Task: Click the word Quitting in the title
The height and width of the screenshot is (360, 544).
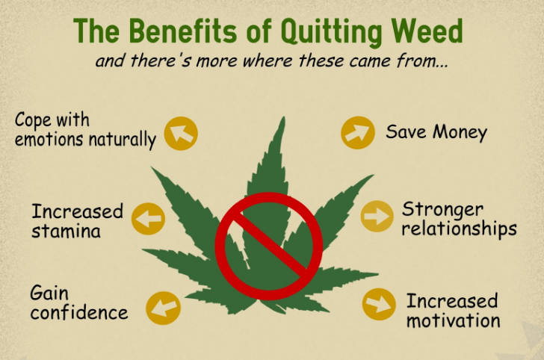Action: click(331, 32)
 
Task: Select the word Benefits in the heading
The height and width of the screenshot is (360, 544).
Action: click(182, 31)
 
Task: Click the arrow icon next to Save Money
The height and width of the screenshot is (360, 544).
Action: click(358, 132)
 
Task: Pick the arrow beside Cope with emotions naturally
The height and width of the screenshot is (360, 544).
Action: click(181, 134)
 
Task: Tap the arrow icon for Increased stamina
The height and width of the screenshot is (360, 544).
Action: click(148, 219)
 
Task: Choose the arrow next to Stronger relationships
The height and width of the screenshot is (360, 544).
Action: click(377, 216)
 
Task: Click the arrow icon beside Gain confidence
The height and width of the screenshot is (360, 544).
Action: click(163, 308)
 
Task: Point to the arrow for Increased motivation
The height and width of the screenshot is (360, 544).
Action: click(379, 304)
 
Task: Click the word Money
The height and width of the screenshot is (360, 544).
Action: click(460, 132)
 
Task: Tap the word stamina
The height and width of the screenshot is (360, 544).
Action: click(66, 231)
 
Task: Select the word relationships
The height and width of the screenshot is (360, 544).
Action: click(459, 229)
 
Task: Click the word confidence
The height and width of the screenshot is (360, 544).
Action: click(79, 312)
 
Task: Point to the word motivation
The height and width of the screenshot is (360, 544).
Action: click(453, 320)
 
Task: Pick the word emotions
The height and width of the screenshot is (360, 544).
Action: click(49, 139)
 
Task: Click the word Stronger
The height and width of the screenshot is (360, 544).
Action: click(442, 210)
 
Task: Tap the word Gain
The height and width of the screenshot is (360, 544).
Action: click(49, 293)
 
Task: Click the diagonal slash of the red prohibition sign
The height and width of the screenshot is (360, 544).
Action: click(269, 244)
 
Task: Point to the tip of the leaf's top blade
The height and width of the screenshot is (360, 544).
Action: click(283, 117)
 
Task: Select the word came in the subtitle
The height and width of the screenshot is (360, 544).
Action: click(371, 61)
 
